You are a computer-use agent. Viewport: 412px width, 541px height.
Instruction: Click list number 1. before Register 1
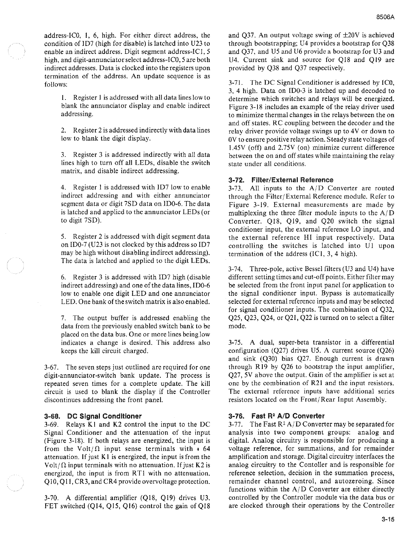coord(63,97)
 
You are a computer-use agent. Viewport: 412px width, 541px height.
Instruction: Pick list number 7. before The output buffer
coord(63,318)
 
